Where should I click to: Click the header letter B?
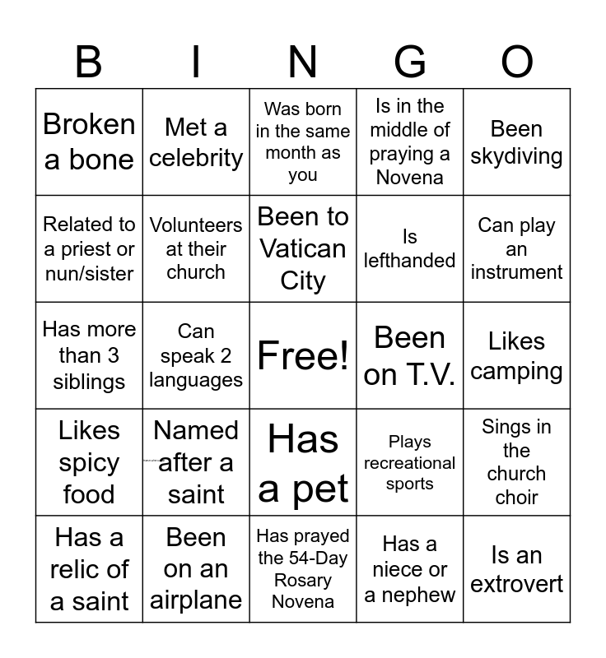click(x=89, y=62)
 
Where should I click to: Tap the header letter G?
click(x=410, y=62)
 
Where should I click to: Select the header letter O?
click(x=517, y=62)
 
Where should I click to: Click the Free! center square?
click(x=303, y=355)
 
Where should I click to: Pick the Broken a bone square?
click(x=89, y=141)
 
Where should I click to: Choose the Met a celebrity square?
click(x=196, y=141)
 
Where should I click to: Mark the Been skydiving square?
click(x=517, y=141)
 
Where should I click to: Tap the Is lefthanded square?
click(x=410, y=248)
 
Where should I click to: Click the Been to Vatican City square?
click(x=303, y=248)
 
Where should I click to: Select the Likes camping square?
click(x=517, y=355)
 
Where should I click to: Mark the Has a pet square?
click(x=303, y=462)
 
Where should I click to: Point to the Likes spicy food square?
click(x=89, y=462)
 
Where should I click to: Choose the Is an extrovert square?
click(x=517, y=569)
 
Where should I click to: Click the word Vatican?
click(x=303, y=248)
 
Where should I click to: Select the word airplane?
click(x=196, y=600)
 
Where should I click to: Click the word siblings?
click(x=89, y=382)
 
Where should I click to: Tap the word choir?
click(x=517, y=497)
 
